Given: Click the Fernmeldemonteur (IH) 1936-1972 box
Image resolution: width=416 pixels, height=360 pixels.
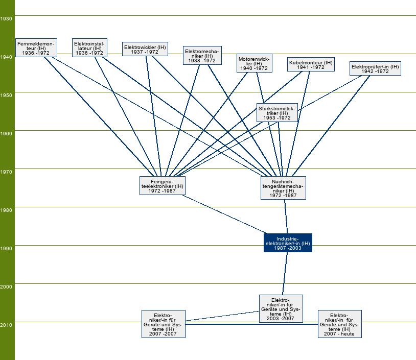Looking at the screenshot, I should (35, 47).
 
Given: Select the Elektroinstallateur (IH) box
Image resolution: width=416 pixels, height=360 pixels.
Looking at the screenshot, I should (89, 47).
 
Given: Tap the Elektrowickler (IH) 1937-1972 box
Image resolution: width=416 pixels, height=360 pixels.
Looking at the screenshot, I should (145, 49).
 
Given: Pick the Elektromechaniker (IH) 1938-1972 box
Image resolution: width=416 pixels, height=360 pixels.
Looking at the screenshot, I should (202, 56).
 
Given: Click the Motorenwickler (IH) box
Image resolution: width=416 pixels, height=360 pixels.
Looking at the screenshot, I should (254, 63).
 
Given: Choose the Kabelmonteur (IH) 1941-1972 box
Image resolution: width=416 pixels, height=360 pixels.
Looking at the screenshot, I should (311, 64).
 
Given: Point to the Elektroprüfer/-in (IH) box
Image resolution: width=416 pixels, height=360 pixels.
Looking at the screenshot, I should (375, 68).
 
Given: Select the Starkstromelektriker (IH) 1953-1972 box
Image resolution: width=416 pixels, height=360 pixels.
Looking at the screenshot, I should (277, 112).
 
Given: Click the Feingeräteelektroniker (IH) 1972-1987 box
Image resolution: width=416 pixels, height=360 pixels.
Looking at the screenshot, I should (162, 186).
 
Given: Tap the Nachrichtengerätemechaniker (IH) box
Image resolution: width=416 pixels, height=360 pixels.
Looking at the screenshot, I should (283, 188).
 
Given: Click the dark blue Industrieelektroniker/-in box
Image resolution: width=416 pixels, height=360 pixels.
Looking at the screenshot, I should (288, 243).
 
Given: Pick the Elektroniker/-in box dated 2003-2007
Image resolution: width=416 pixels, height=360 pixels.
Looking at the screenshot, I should (281, 309).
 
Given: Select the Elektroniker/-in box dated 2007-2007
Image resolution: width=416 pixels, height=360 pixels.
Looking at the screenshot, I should (163, 324).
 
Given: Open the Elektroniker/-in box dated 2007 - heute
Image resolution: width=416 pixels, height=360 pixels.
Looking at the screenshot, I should (339, 324).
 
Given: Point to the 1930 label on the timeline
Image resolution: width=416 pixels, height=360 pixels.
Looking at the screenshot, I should (7, 18).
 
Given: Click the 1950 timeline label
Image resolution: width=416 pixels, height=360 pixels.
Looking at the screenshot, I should (7, 95).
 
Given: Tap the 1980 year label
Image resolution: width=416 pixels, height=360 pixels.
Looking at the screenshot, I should (7, 210).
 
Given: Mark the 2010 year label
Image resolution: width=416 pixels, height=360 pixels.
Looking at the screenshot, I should (7, 325).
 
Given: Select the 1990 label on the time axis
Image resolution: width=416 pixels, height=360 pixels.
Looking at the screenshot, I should (7, 248).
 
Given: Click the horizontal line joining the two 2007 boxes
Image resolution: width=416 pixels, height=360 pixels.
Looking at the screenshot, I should (250, 324).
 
